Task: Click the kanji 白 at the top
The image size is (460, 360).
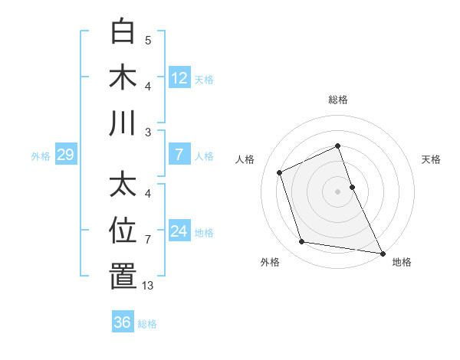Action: pyautogui.click(x=123, y=32)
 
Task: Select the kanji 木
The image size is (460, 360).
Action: pyautogui.click(x=123, y=77)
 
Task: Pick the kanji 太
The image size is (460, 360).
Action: pyautogui.click(x=123, y=185)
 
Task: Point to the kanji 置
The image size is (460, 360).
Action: pyautogui.click(x=123, y=276)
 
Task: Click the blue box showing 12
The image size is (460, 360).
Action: pyautogui.click(x=179, y=77)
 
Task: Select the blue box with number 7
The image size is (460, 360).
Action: pyautogui.click(x=179, y=155)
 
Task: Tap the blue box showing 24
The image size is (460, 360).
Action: pyautogui.click(x=179, y=231)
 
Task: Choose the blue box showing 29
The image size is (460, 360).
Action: pyautogui.click(x=65, y=155)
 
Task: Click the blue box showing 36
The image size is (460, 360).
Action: pyautogui.click(x=122, y=322)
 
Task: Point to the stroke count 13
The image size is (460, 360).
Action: pyautogui.click(x=147, y=286)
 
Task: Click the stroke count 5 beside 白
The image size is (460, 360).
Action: pyautogui.click(x=148, y=41)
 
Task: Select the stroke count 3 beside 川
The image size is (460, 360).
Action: pyautogui.click(x=148, y=132)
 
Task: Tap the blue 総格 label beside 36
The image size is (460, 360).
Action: pyautogui.click(x=148, y=324)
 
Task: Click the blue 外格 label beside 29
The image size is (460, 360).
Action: pyautogui.click(x=41, y=156)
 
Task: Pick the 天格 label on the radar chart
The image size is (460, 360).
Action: pyautogui.click(x=431, y=159)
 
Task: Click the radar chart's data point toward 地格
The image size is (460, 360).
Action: pyautogui.click(x=383, y=252)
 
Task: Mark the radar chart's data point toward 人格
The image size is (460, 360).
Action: pyautogui.click(x=280, y=172)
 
